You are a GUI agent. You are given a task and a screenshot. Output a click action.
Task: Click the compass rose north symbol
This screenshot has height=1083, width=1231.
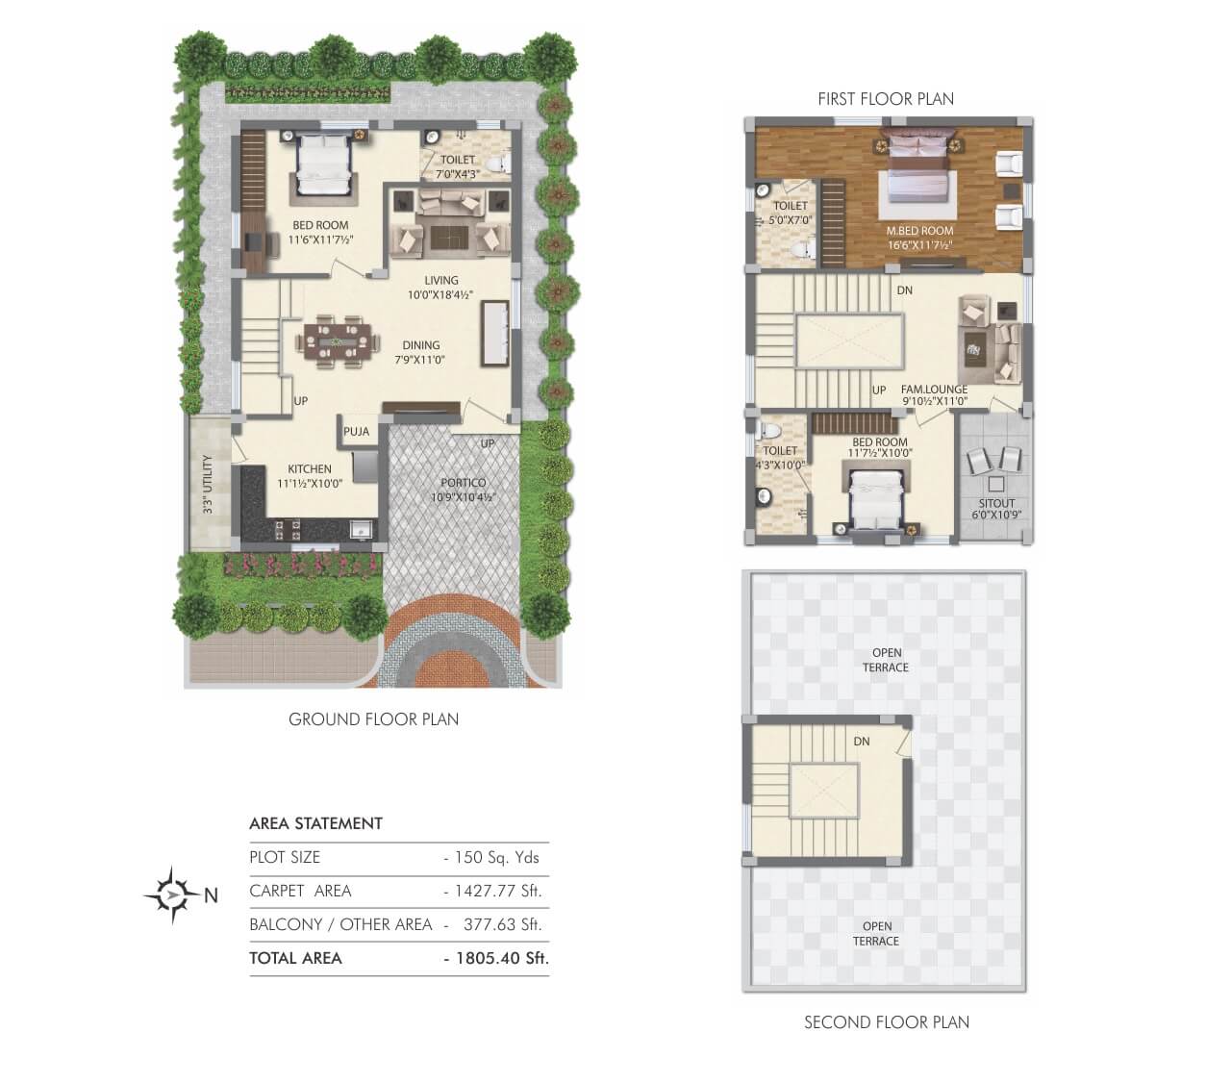coord(172,895)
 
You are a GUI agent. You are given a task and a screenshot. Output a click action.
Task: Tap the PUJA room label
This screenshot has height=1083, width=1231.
coord(356,432)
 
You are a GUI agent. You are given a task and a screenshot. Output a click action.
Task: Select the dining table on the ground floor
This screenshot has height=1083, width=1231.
coord(336,341)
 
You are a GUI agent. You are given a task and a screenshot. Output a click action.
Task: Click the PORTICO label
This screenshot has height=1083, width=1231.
coord(464,483)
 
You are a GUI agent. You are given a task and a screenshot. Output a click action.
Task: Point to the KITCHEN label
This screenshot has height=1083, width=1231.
coord(309,469)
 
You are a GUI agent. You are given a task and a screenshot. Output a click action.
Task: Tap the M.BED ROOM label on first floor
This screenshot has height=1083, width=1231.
coord(919,231)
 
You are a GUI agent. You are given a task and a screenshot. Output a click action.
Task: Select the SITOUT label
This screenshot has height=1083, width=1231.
coord(995,503)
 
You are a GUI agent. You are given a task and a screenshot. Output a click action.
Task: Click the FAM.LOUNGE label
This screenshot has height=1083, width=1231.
coord(934,390)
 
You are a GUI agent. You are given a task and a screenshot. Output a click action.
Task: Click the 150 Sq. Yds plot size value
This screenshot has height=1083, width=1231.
coord(492,857)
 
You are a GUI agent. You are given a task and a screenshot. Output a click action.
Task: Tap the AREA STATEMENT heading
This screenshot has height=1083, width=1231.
coord(315,823)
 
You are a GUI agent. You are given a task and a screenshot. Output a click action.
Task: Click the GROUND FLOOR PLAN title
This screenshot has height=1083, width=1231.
coord(373,719)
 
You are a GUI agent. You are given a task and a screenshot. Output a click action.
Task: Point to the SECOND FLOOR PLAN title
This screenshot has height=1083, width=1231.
coord(886,1022)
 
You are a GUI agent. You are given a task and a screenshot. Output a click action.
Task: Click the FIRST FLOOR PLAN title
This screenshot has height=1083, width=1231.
coord(886,98)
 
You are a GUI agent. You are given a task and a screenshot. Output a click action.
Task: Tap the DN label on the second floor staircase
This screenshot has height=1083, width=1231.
coord(862,742)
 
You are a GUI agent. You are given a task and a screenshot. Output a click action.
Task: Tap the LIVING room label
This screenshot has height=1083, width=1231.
coord(441,281)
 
